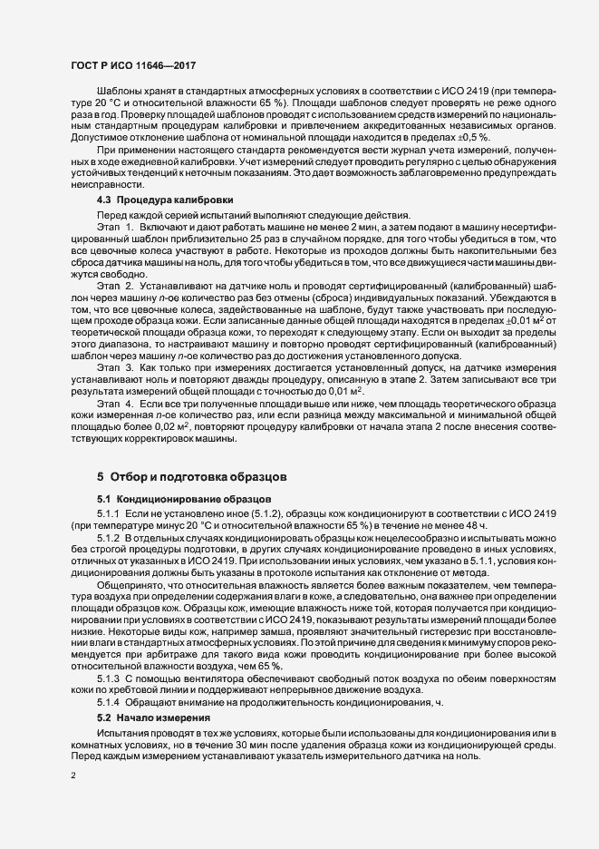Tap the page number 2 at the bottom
[x=73, y=776]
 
